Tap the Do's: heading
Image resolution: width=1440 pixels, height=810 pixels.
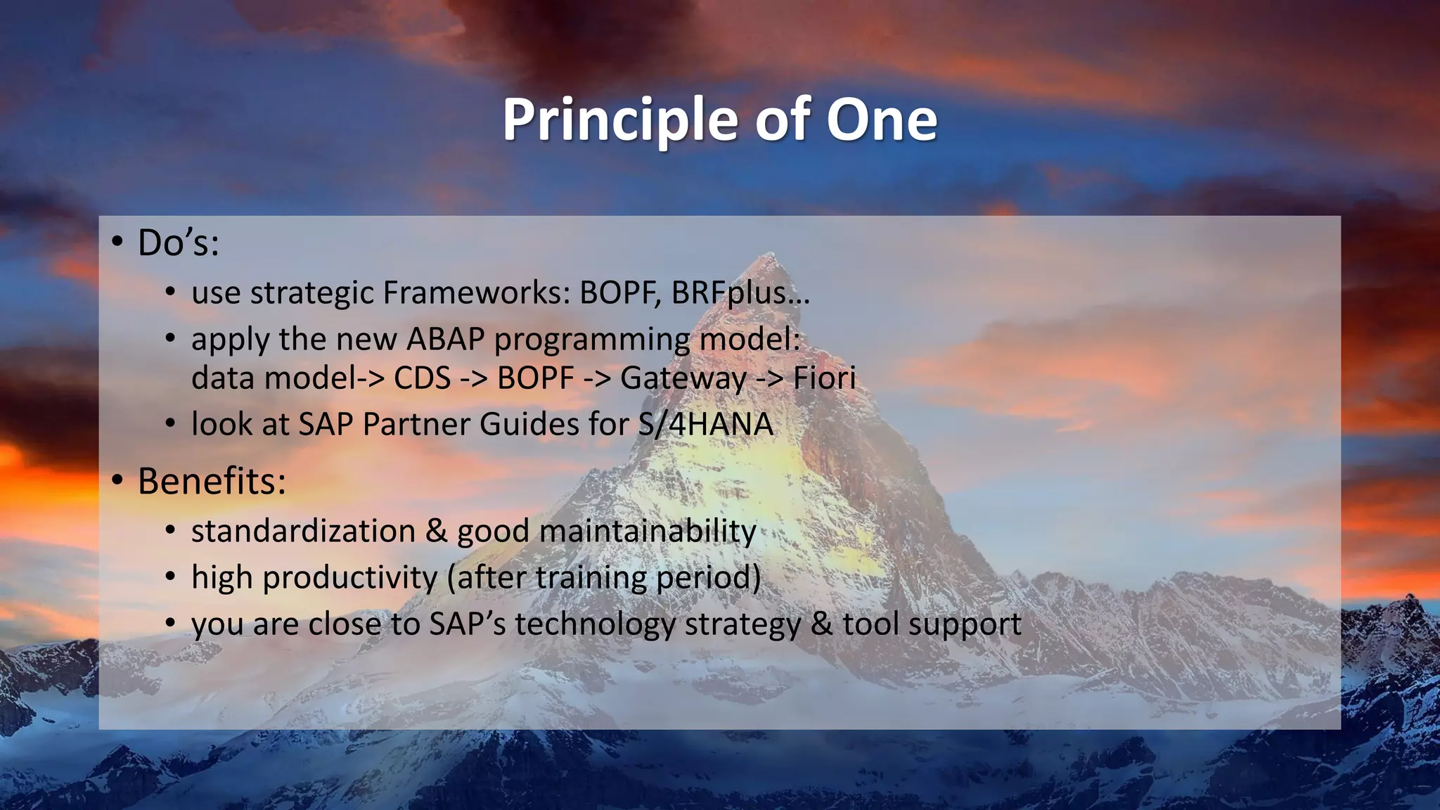tap(178, 243)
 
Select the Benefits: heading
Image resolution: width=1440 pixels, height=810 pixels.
tap(212, 482)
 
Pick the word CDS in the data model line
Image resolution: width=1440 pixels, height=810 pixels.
tap(422, 378)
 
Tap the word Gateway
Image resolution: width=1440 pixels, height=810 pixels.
tap(683, 378)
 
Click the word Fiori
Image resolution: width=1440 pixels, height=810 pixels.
tap(824, 378)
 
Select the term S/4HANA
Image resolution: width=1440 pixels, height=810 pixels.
tap(705, 424)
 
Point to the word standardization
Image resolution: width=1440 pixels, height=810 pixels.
tap(304, 531)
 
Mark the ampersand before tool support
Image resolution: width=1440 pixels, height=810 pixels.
tap(821, 624)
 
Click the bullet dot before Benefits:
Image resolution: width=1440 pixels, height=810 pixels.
tap(117, 481)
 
